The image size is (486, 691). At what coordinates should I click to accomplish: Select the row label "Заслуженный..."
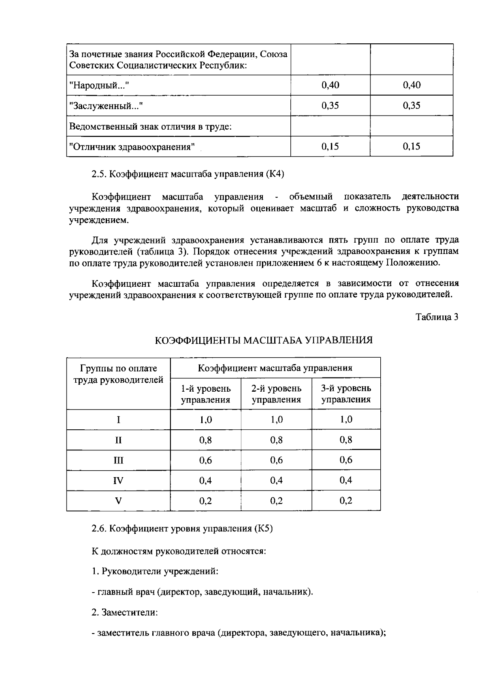tap(107, 106)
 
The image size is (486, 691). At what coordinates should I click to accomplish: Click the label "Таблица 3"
tap(437, 317)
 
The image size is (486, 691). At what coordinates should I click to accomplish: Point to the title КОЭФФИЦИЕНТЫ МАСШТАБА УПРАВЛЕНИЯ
tap(264, 340)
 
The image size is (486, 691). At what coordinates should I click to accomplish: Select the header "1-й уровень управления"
tap(206, 394)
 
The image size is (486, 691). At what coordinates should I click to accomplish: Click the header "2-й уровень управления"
tap(276, 394)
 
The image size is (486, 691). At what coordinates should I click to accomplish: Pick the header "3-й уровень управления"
tap(346, 394)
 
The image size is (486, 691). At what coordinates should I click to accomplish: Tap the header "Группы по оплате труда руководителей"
tap(118, 374)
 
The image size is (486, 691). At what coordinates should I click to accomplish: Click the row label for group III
tap(118, 461)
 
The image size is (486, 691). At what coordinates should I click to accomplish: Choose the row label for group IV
tap(118, 481)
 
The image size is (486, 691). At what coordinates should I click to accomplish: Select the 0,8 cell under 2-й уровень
tap(276, 440)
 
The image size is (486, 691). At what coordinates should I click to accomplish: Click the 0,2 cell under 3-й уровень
tap(346, 501)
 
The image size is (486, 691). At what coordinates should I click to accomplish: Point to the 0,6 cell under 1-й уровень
tap(206, 461)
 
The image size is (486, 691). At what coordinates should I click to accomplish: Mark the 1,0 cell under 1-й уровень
tap(206, 420)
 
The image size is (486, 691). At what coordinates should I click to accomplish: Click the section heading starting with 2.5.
tap(188, 175)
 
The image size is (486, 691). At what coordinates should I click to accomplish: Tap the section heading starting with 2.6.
tap(182, 529)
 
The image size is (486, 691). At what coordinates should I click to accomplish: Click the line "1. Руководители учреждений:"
tap(155, 572)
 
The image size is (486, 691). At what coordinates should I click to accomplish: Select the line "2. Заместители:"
tap(124, 612)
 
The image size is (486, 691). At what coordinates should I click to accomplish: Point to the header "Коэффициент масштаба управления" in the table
tap(275, 368)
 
